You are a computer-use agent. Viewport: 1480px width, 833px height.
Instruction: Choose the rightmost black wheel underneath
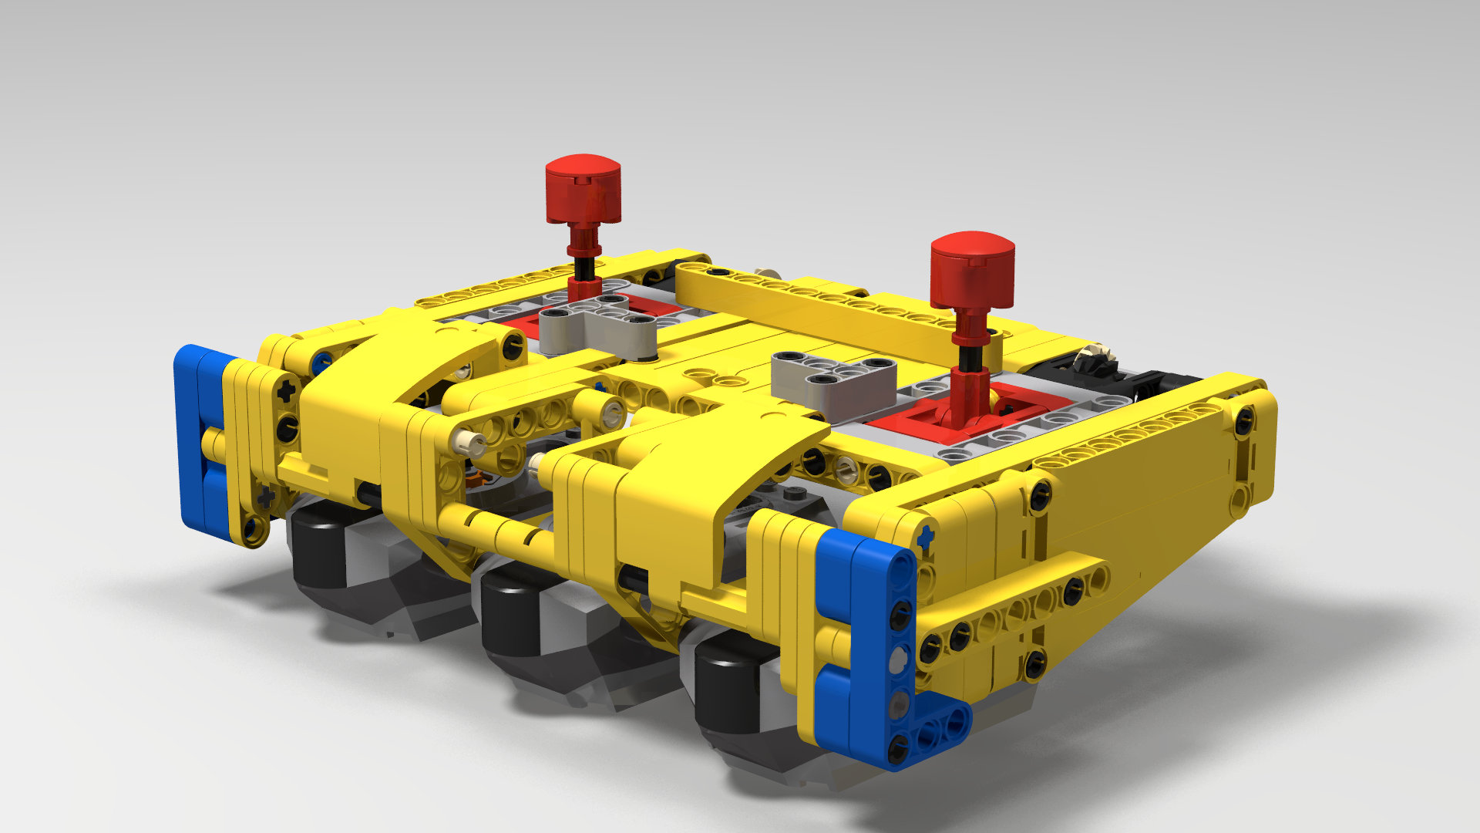tap(728, 686)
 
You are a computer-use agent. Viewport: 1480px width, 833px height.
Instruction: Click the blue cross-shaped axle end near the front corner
tap(925, 536)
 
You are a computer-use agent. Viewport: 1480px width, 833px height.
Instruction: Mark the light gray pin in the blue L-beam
tap(899, 659)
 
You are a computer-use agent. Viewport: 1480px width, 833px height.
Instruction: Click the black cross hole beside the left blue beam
tap(287, 391)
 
